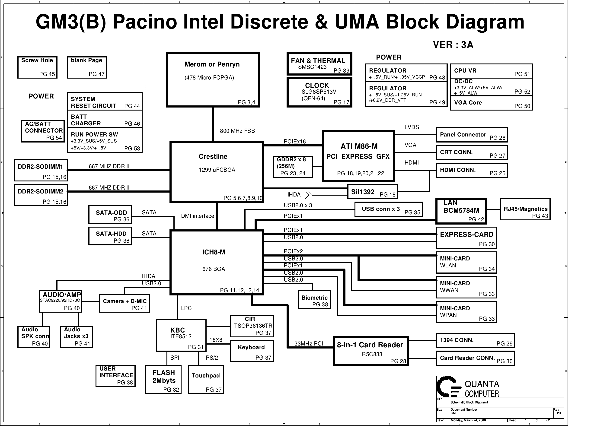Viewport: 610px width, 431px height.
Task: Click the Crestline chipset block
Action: pyautogui.click(x=216, y=172)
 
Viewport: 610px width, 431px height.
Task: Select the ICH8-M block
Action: pyautogui.click(x=216, y=262)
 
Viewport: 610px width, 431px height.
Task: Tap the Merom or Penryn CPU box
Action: pyautogui.click(x=213, y=80)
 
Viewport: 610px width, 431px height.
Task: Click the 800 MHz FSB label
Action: pyautogui.click(x=237, y=131)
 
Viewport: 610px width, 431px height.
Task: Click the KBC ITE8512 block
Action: pyautogui.click(x=181, y=335)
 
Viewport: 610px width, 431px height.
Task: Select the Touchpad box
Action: pyautogui.click(x=206, y=380)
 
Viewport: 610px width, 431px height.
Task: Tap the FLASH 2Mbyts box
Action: pyautogui.click(x=163, y=380)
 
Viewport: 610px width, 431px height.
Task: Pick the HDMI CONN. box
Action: pyautogui.click(x=472, y=170)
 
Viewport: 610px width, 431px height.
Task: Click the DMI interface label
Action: pyautogui.click(x=197, y=216)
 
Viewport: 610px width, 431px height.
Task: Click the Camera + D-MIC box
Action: pyautogui.click(x=124, y=303)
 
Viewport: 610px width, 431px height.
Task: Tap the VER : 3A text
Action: pyautogui.click(x=453, y=45)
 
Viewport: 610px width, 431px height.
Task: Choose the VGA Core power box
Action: pyautogui.click(x=491, y=103)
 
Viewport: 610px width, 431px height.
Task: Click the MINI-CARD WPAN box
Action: pyautogui.click(x=466, y=312)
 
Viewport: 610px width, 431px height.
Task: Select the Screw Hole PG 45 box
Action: pyautogui.click(x=38, y=67)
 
